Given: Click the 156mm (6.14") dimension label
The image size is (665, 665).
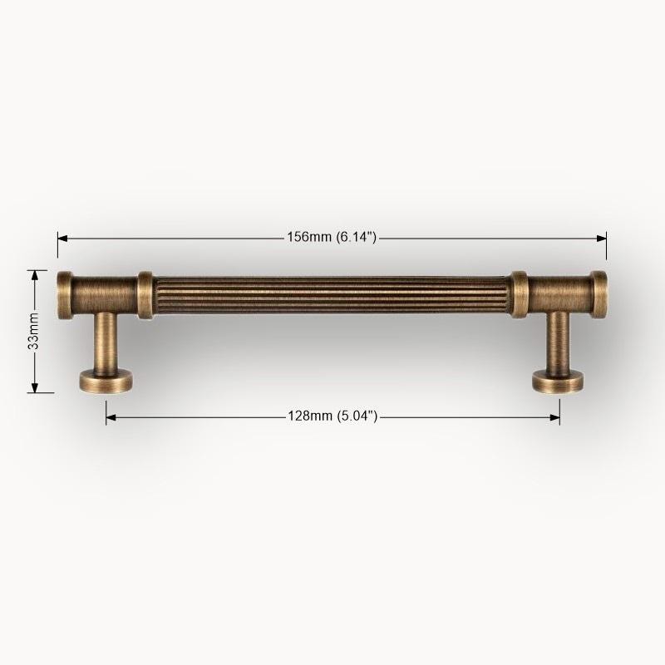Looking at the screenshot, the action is click(x=332, y=237).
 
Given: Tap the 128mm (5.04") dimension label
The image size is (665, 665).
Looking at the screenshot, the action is click(x=332, y=416).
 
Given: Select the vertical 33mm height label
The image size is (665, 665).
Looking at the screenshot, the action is click(x=33, y=331).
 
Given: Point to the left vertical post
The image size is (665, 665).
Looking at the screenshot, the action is click(x=106, y=342).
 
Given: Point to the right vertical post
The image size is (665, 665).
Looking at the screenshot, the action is click(x=559, y=342).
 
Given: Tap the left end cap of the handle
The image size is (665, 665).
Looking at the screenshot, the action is click(x=65, y=295).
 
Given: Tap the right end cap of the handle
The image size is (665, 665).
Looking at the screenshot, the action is click(x=599, y=295).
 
